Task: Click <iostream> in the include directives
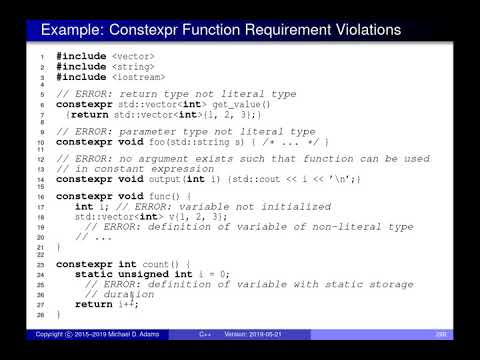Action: pos(138,77)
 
